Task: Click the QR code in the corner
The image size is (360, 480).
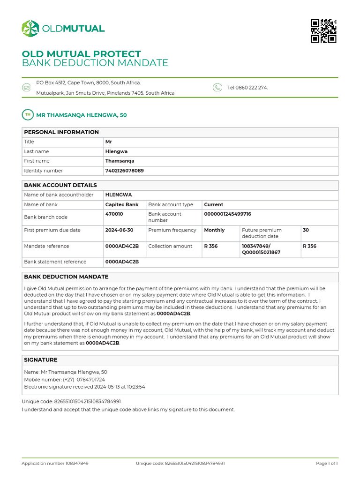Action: pos(324,31)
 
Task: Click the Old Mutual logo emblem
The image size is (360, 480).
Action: pos(30,29)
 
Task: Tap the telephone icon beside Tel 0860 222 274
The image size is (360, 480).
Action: pos(217,87)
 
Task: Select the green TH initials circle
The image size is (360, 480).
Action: pos(28,115)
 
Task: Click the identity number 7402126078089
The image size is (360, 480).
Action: pos(125,171)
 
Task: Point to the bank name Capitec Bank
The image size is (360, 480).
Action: pos(122,204)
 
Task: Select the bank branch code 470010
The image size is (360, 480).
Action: pos(114,214)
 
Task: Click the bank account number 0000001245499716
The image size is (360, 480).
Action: pos(227,214)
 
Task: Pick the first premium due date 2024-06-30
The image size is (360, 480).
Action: pos(120,230)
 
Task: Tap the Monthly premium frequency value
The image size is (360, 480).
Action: pos(214,230)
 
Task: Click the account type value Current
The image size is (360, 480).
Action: pos(213,204)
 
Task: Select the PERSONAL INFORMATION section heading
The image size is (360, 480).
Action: pos(61,132)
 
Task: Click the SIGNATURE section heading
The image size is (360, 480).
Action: pos(41,360)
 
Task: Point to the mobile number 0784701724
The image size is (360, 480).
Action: pos(90,379)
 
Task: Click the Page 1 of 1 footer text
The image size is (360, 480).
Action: pos(327,463)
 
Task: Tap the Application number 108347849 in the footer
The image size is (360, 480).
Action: pos(55,463)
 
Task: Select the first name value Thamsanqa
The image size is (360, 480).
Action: pos(120,161)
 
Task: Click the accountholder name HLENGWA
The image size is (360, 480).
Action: pos(119,195)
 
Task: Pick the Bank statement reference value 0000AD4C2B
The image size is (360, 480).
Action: pos(122,262)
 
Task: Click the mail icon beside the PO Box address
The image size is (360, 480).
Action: pos(26,87)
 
